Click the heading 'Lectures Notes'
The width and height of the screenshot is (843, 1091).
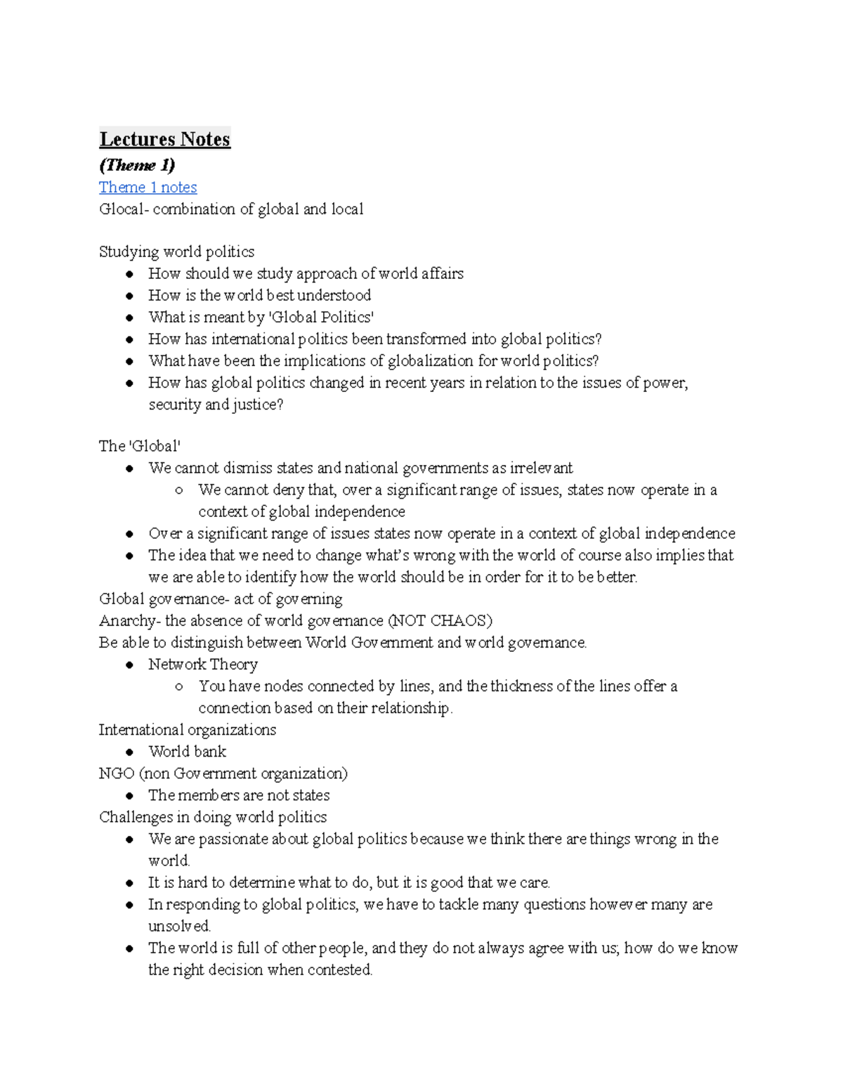tap(164, 139)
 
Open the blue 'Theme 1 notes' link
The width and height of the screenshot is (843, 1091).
tap(148, 187)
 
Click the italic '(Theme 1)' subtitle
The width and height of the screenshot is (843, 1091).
tap(137, 165)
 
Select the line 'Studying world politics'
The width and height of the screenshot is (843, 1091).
tap(176, 251)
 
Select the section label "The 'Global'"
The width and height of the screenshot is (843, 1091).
tap(140, 446)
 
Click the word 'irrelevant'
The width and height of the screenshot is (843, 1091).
tap(541, 468)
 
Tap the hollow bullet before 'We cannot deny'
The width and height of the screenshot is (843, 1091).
tap(179, 490)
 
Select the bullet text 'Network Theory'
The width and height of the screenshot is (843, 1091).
tap(203, 664)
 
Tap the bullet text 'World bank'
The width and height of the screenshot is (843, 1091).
tap(187, 751)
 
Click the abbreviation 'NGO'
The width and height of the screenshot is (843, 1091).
tap(117, 773)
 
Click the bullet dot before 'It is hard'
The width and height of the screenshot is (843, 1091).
tap(129, 883)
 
